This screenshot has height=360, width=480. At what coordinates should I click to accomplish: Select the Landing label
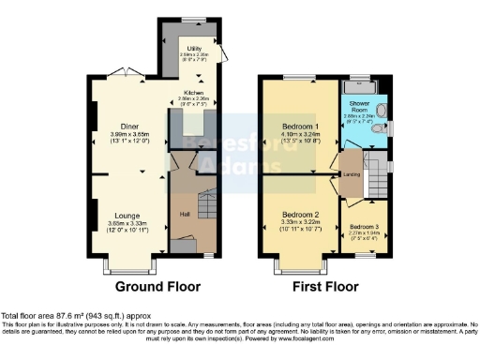pos(354,172)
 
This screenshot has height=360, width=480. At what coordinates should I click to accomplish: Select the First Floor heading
pos(330,286)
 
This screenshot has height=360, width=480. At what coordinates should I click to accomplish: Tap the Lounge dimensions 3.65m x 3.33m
pos(127,223)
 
